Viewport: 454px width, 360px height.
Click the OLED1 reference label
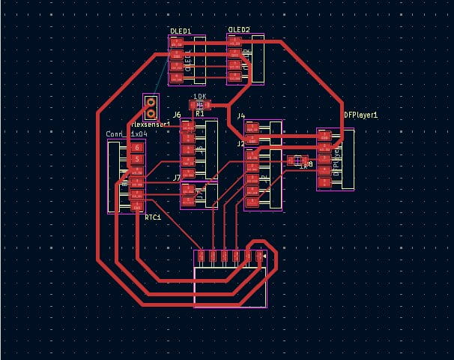[x=181, y=31]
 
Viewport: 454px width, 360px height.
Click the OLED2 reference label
[x=239, y=30]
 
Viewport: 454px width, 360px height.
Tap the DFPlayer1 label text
[x=361, y=115]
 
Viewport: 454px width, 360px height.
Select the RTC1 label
[x=154, y=216]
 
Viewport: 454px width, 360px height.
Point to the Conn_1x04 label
[x=127, y=133]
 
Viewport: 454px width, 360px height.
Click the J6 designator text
[x=177, y=115]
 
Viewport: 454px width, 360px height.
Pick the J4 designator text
[x=240, y=116]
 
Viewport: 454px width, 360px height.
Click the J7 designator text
[x=177, y=178]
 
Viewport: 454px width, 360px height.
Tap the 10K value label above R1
[x=199, y=97]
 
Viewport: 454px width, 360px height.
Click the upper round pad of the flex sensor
[x=151, y=101]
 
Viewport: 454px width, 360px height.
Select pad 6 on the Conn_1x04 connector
[x=136, y=148]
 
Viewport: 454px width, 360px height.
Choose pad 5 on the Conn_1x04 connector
[x=136, y=160]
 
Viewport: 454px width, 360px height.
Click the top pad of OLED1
[x=177, y=43]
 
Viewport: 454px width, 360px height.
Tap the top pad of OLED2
[x=235, y=43]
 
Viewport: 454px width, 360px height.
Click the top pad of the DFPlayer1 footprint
[x=325, y=136]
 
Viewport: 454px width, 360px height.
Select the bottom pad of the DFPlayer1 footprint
[x=325, y=182]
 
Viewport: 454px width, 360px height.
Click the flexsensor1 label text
[x=151, y=124]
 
